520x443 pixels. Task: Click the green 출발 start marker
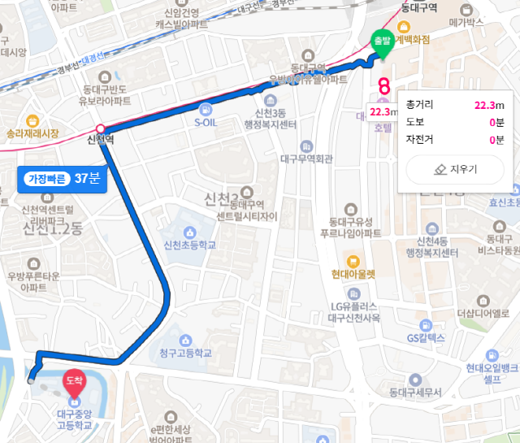(381, 41)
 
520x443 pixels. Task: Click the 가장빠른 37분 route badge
(62, 178)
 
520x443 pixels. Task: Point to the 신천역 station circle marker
(100, 129)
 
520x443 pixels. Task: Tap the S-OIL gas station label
(209, 123)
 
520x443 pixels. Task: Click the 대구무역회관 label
(306, 159)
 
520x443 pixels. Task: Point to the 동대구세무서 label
(414, 392)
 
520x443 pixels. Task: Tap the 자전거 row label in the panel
(421, 140)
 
